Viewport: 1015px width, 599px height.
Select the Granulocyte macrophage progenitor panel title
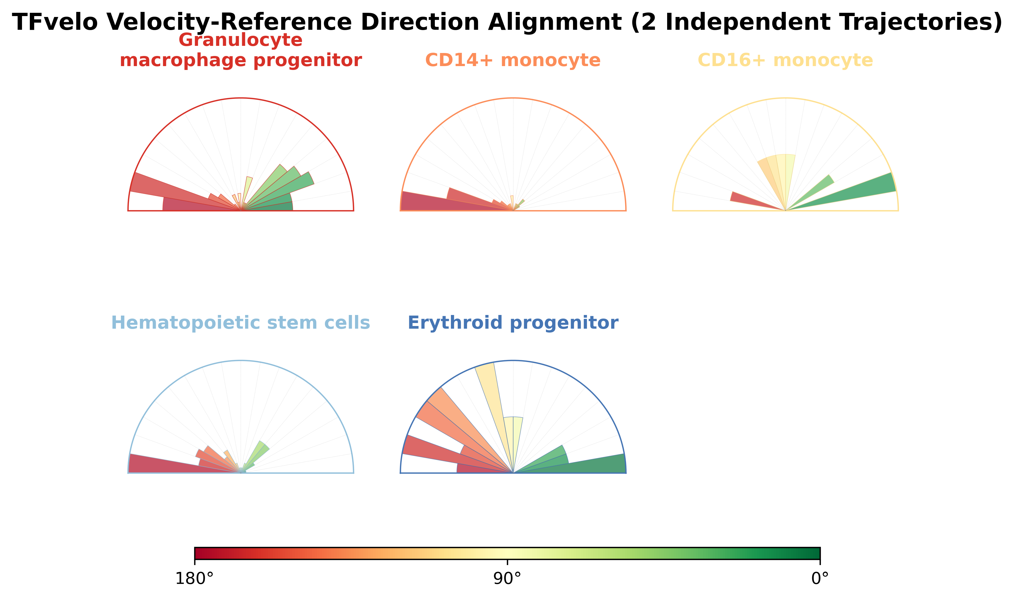click(241, 50)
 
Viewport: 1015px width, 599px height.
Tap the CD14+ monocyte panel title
click(513, 60)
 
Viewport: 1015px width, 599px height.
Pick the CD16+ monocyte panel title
click(785, 60)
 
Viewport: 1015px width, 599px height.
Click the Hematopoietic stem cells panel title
click(241, 323)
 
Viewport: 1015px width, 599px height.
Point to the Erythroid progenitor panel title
click(513, 323)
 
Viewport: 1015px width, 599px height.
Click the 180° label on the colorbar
click(194, 579)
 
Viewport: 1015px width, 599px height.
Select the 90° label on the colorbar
click(507, 579)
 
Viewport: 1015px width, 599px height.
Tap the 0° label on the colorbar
click(820, 579)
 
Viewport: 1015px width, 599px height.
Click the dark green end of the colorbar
click(814, 553)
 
